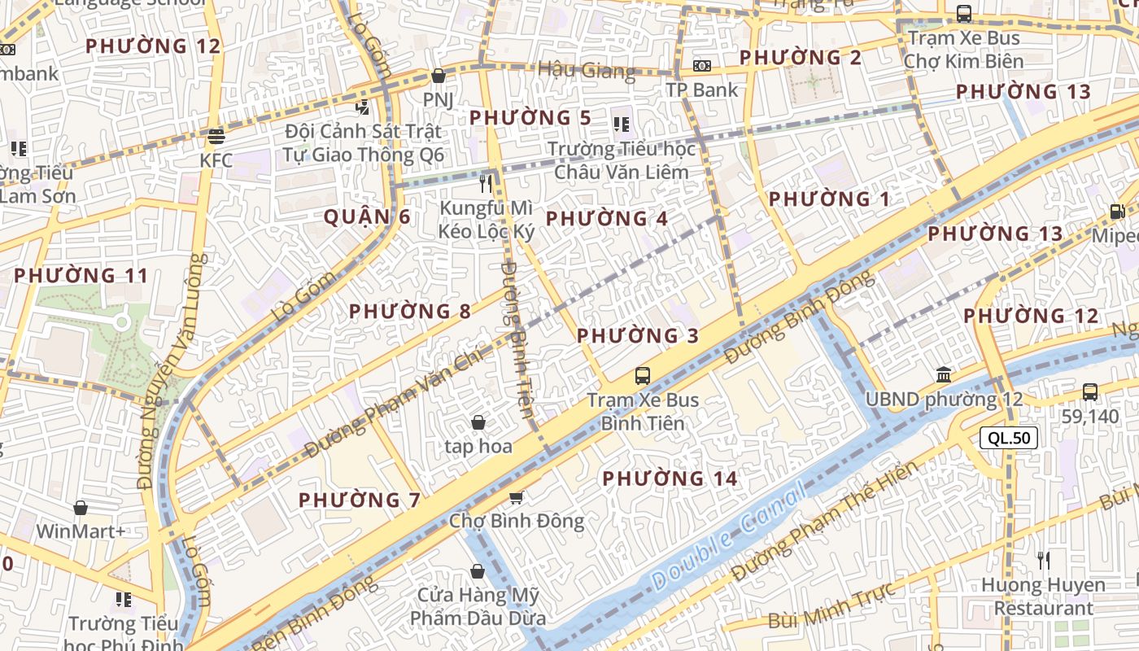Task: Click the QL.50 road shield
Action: (1009, 438)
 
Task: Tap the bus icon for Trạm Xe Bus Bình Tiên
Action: (643, 376)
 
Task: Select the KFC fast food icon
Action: (216, 136)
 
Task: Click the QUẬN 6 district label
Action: (367, 217)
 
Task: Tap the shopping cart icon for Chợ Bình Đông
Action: (516, 496)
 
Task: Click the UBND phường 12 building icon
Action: (944, 375)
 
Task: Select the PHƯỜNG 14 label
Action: (670, 478)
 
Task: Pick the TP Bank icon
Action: (701, 65)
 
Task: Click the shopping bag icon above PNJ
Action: (439, 76)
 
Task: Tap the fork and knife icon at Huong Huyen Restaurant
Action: (1044, 560)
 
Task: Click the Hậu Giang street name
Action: (586, 70)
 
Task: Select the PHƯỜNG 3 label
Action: (638, 335)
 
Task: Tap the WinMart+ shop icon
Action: (81, 509)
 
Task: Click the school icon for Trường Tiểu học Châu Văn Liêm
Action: (622, 125)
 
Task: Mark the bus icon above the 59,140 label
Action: (1090, 391)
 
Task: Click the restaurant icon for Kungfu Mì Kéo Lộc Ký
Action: (487, 184)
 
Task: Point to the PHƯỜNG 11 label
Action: (81, 276)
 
